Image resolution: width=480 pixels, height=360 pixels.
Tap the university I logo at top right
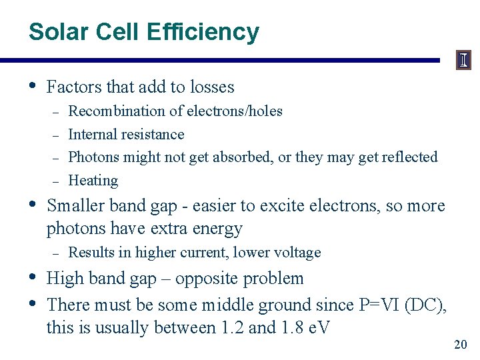pos(464,60)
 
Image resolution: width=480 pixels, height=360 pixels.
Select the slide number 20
pos(460,345)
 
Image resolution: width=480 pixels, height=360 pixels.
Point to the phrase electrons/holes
pos(234,111)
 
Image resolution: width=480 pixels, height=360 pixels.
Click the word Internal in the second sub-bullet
pos(92,135)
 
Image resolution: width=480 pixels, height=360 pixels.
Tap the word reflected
pos(409,157)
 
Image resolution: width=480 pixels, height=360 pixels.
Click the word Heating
pos(93,181)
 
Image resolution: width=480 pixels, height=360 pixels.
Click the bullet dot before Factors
pos(34,86)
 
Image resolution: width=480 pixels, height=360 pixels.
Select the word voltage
pos(297,253)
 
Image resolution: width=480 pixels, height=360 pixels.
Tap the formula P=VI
pos(381,305)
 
